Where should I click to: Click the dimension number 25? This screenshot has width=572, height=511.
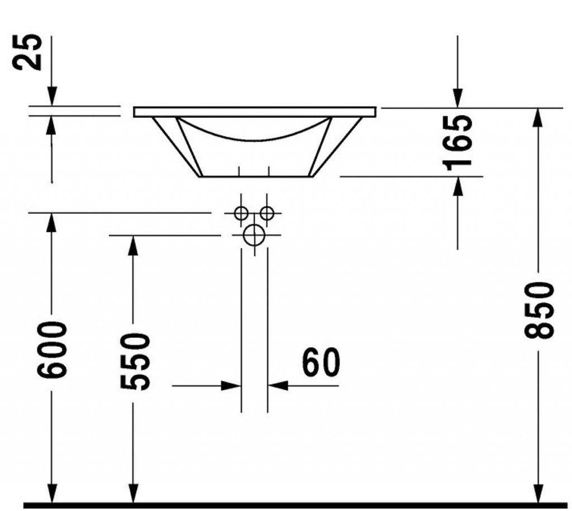click(27, 51)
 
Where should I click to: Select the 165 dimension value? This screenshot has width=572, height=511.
click(457, 142)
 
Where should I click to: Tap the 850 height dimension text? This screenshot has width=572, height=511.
click(539, 309)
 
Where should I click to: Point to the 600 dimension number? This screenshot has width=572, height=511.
click(52, 349)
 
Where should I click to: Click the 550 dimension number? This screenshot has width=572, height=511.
click(135, 361)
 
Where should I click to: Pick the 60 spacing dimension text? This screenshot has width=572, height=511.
click(321, 362)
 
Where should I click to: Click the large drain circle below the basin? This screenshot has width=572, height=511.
click(254, 235)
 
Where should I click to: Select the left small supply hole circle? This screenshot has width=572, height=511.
click(241, 213)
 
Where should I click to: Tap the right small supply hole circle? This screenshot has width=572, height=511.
click(267, 213)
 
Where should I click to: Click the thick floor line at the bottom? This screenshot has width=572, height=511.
click(295, 505)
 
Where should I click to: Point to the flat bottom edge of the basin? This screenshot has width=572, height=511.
click(256, 177)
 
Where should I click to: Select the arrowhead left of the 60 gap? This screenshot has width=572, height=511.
click(231, 385)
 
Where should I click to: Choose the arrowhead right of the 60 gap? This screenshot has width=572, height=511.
click(278, 385)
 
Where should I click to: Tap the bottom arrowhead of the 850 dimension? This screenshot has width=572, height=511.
click(538, 494)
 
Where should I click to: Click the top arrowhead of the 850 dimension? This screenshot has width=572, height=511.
click(536, 118)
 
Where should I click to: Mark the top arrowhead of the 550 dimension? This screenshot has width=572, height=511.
click(133, 245)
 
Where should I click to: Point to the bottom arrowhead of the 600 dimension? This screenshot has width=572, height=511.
click(52, 494)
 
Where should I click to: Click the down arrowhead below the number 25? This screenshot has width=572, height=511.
click(52, 96)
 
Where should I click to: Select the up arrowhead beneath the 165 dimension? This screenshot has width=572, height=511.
click(458, 187)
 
